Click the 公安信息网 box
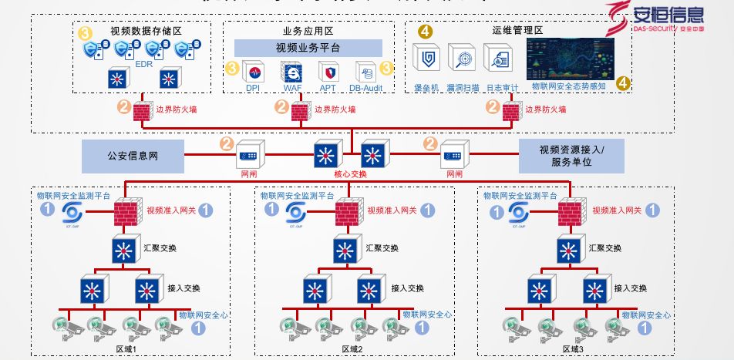click(x=133, y=156)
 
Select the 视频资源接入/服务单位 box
click(x=571, y=156)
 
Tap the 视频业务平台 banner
click(x=308, y=48)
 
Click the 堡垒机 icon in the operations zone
click(x=426, y=59)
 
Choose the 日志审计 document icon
click(x=497, y=59)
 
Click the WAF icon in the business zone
click(x=292, y=72)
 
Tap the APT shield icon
click(x=328, y=72)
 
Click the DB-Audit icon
click(x=365, y=72)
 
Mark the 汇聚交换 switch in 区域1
click(x=123, y=250)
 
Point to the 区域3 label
click(x=573, y=349)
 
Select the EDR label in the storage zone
click(x=143, y=66)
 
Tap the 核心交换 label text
click(x=350, y=174)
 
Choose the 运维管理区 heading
click(x=517, y=32)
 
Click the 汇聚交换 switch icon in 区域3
click(x=569, y=250)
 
